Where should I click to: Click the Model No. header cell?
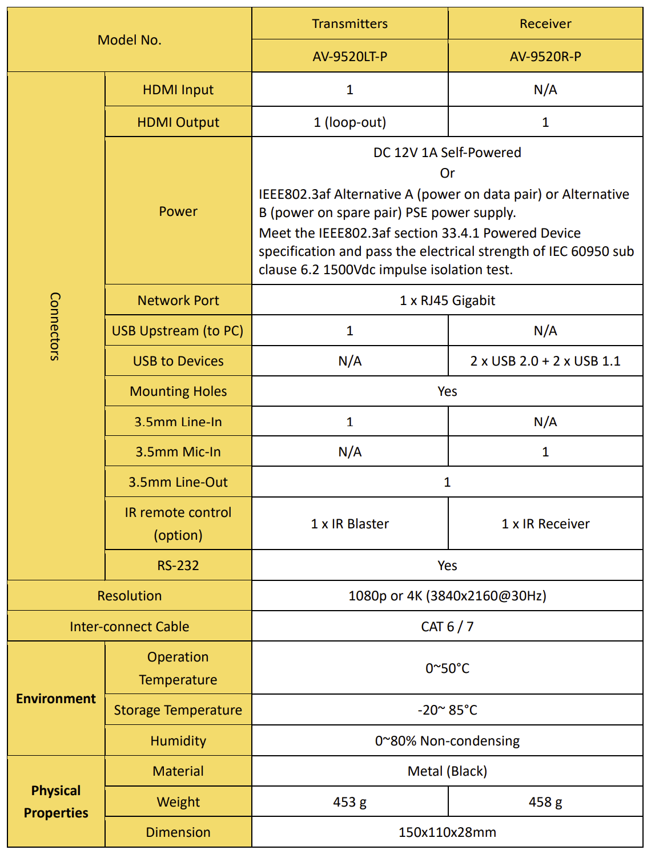130,40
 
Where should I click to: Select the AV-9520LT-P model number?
349,57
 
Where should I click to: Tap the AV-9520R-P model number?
545,57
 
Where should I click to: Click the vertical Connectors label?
55,326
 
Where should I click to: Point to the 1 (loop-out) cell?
349,122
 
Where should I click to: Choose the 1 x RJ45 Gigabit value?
447,300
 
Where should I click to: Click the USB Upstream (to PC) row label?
178,331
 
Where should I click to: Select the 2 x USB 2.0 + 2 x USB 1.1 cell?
545,361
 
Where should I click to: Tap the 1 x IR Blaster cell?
349,524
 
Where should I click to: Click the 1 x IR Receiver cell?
545,524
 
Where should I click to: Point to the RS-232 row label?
178,566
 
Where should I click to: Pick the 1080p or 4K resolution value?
447,596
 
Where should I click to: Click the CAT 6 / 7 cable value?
447,627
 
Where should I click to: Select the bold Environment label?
56,699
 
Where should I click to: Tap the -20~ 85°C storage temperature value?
447,710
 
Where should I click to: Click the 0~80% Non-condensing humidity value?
447,741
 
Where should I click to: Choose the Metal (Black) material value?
447,771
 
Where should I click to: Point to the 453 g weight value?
349,802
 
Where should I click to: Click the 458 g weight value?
545,802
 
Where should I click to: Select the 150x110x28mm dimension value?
447,832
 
